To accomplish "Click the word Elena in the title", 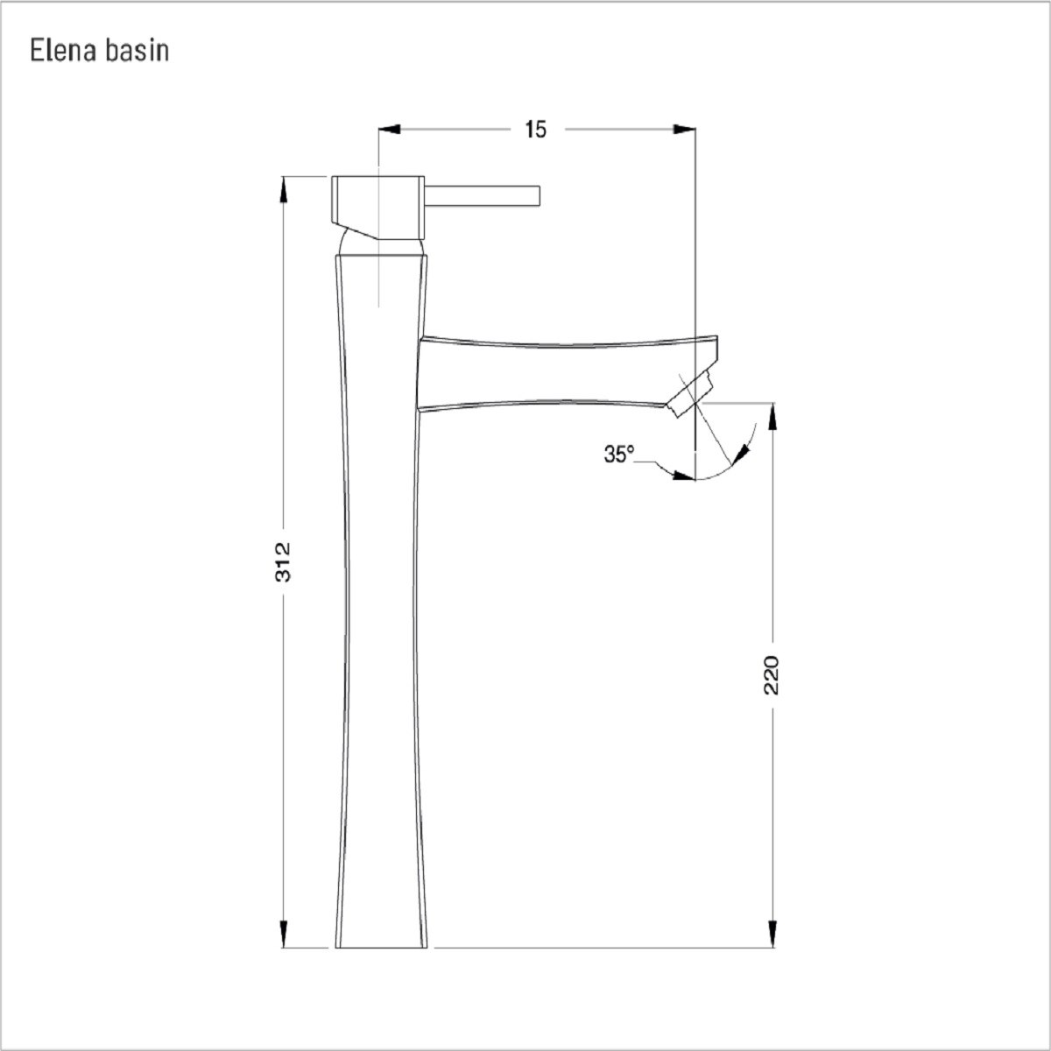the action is click(x=64, y=50).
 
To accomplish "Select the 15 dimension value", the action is click(x=536, y=130).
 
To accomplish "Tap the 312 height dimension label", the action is click(x=283, y=561).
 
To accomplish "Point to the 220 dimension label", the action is click(x=772, y=674).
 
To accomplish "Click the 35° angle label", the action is click(x=619, y=454).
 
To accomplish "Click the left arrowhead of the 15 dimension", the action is click(x=389, y=130).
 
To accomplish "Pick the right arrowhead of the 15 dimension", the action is click(x=685, y=130).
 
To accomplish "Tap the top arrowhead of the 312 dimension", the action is click(x=283, y=188).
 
